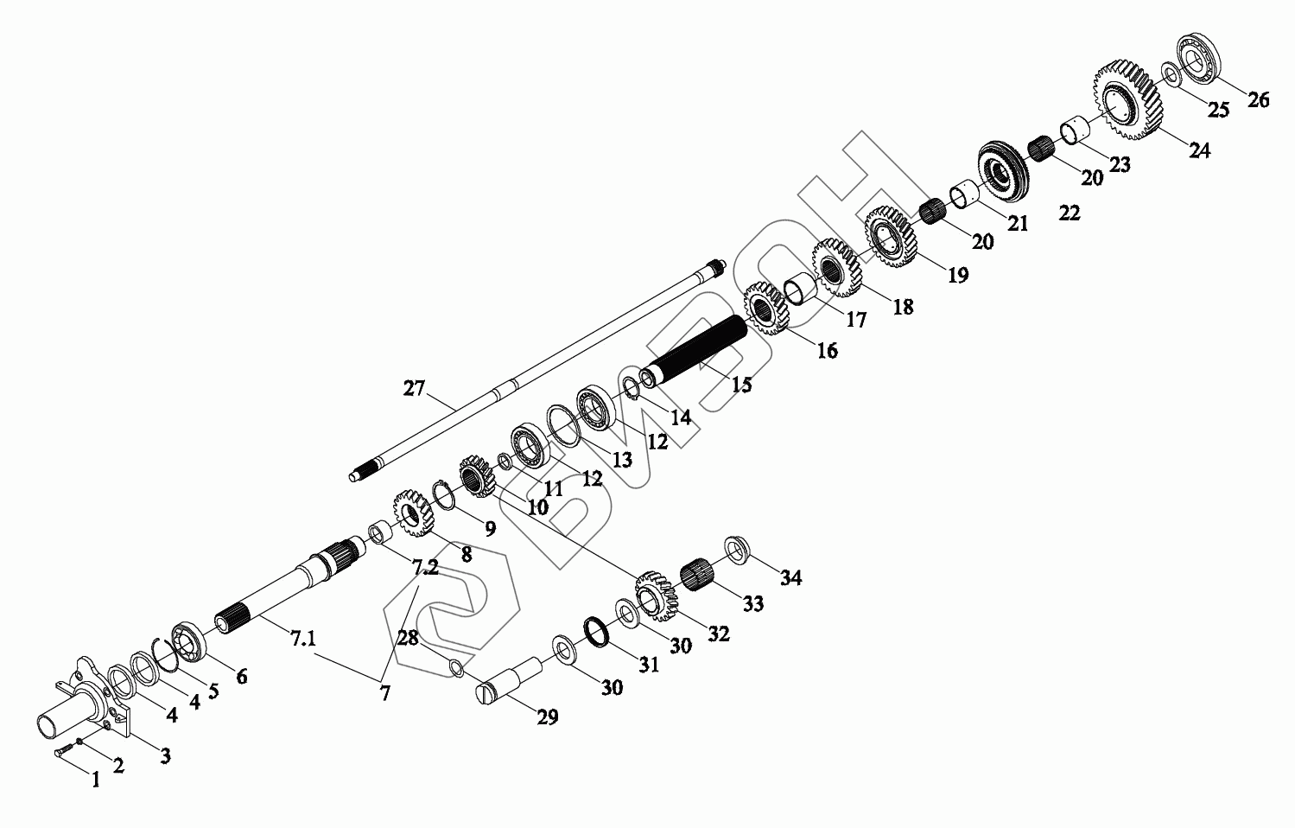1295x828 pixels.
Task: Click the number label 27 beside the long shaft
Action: click(415, 388)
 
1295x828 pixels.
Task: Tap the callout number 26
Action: click(1259, 100)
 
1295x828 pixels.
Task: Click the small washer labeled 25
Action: click(1171, 75)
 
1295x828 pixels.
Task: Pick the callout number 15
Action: click(742, 384)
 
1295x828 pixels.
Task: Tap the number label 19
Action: click(957, 275)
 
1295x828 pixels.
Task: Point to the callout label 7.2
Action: click(425, 568)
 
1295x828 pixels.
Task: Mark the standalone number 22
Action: click(1070, 213)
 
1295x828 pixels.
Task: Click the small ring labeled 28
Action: click(458, 668)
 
